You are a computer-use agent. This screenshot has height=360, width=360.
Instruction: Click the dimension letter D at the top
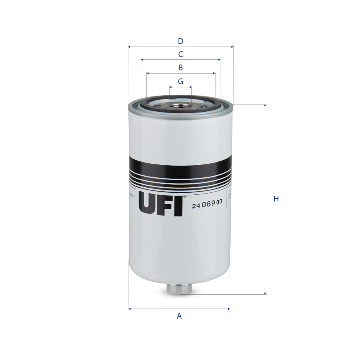pyautogui.click(x=181, y=41)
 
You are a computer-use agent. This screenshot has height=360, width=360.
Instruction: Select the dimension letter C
pyautogui.click(x=181, y=54)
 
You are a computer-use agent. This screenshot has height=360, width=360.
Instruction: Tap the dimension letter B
pyautogui.click(x=181, y=68)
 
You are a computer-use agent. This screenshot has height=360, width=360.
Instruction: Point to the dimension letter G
pyautogui.click(x=181, y=81)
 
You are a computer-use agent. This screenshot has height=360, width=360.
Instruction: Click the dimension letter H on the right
pyautogui.click(x=276, y=199)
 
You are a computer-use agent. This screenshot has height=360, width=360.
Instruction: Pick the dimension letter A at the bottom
pyautogui.click(x=179, y=316)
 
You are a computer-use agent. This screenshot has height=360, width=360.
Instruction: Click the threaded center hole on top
pyautogui.click(x=181, y=105)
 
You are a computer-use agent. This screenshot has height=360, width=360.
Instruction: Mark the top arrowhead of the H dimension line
pyautogui.click(x=265, y=106)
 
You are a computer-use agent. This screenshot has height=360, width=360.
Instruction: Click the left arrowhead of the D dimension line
pyautogui.click(x=129, y=47)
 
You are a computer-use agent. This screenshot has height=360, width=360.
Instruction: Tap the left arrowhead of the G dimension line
pyautogui.click(x=171, y=87)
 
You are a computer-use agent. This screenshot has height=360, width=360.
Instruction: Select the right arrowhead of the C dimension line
pyautogui.click(x=219, y=60)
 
